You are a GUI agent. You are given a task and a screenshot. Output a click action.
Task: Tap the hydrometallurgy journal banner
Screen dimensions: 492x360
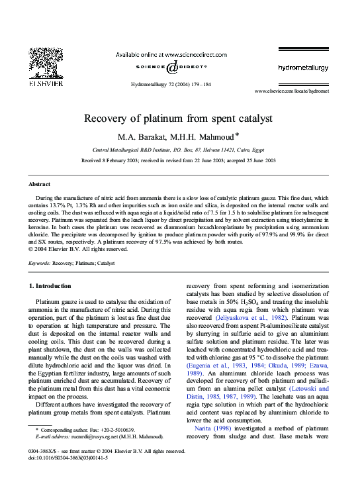(301, 68)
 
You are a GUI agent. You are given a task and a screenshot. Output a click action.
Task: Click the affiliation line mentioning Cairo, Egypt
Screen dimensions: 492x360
(180, 150)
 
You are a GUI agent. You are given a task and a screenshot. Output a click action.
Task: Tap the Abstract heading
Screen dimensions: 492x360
(40, 183)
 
